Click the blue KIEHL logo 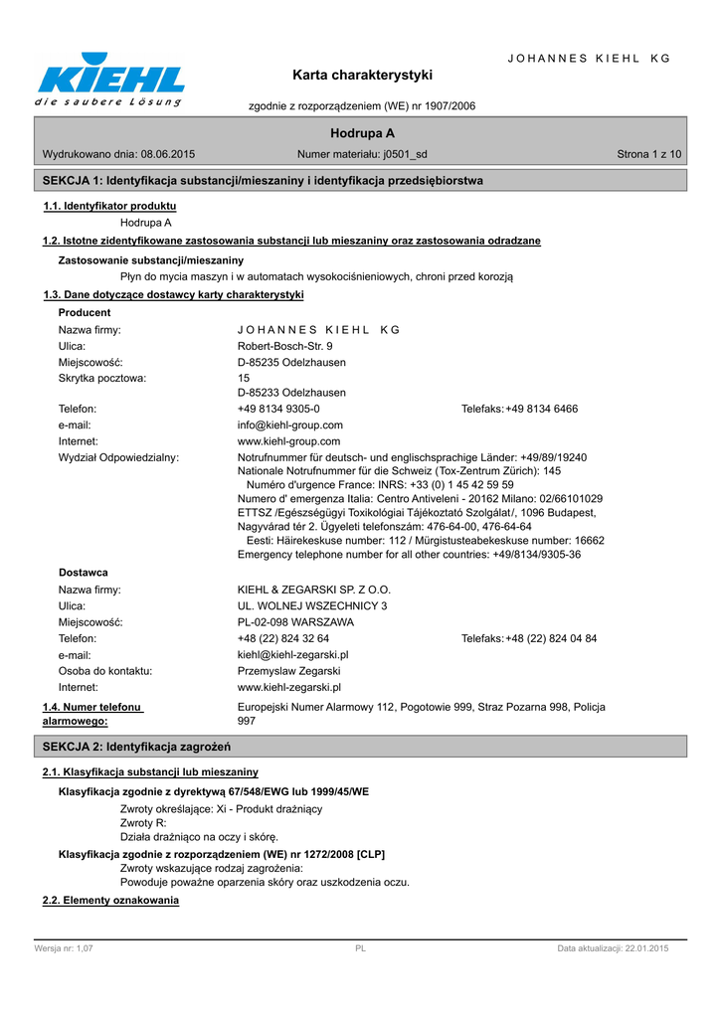pyautogui.click(x=110, y=77)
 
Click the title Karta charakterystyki pyautogui.click(x=362, y=75)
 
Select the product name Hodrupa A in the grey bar pyautogui.click(x=362, y=133)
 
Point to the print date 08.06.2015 pyautogui.click(x=168, y=154)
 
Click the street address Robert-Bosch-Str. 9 pyautogui.click(x=277, y=346)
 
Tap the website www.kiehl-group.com pyautogui.click(x=288, y=441)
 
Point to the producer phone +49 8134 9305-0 pyautogui.click(x=278, y=410)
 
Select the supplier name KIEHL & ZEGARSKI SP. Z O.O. pyautogui.click(x=314, y=590)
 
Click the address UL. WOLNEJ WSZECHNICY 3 pyautogui.click(x=312, y=605)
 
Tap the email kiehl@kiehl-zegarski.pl pyautogui.click(x=292, y=655)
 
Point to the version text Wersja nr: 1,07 pyautogui.click(x=64, y=949)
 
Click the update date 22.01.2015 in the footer pyautogui.click(x=646, y=949)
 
